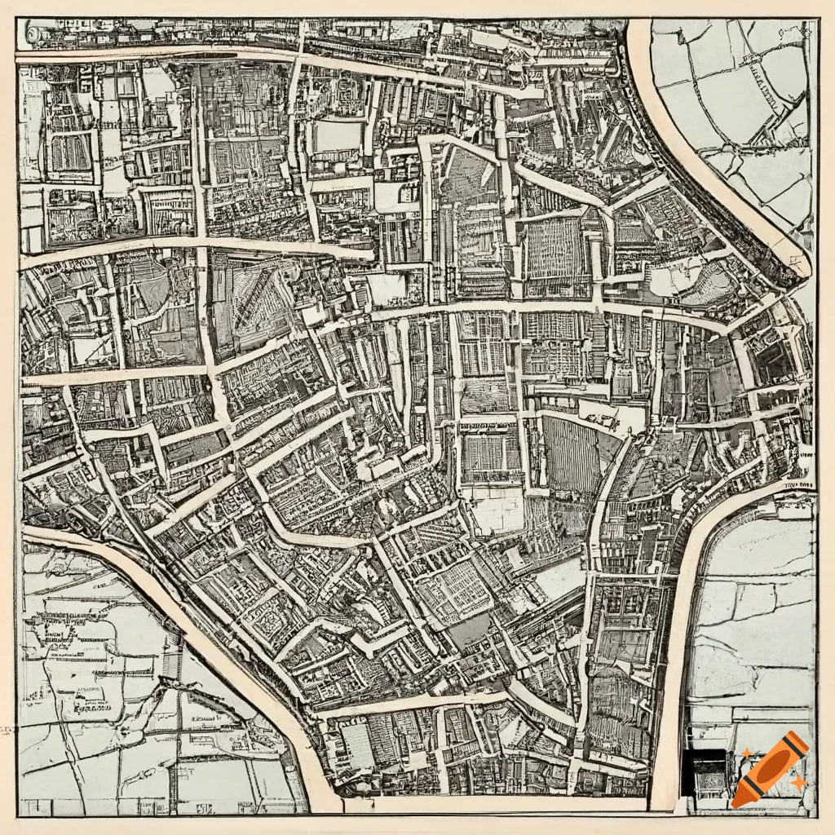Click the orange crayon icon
pos(770,769)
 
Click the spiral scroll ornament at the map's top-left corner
pos(33,34)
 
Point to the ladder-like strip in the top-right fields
pos(762,114)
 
